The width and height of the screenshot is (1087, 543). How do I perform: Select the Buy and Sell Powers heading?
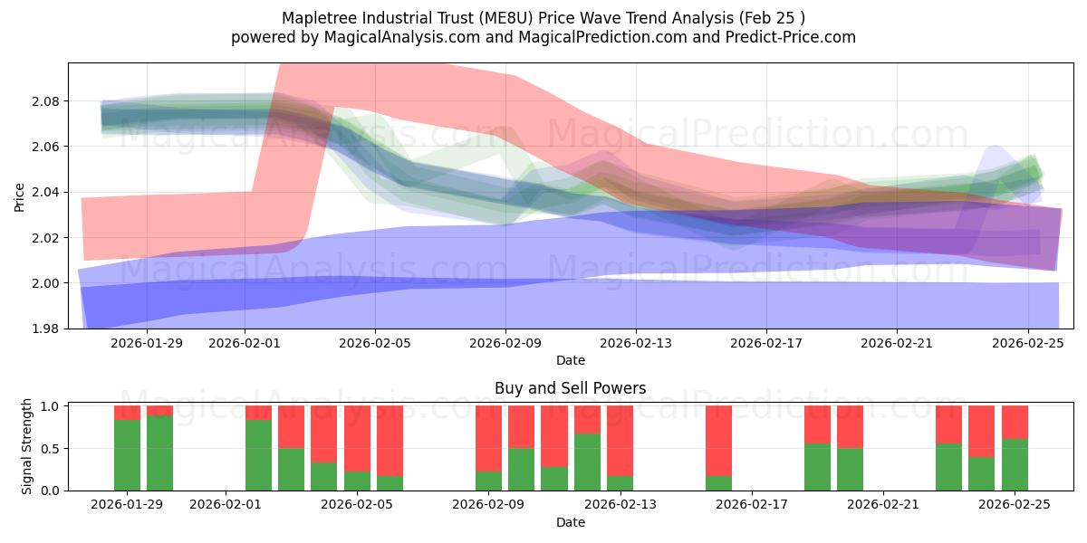[570, 388]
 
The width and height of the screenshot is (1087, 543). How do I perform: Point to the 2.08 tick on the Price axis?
[45, 101]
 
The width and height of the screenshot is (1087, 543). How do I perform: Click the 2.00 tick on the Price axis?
[45, 283]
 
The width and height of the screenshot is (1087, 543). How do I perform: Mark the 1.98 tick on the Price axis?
[45, 329]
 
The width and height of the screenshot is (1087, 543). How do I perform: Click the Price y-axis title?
[19, 196]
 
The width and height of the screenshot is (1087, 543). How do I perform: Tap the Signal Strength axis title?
[27, 447]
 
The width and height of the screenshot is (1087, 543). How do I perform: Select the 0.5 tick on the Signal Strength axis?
[50, 448]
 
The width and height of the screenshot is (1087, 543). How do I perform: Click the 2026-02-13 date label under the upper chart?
[636, 343]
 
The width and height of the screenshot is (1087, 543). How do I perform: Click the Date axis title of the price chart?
[570, 360]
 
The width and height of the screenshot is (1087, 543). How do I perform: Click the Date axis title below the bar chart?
[570, 522]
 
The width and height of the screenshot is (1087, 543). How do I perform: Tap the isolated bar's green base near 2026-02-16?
[718, 483]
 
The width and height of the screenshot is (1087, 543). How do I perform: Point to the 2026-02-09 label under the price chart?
[505, 343]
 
